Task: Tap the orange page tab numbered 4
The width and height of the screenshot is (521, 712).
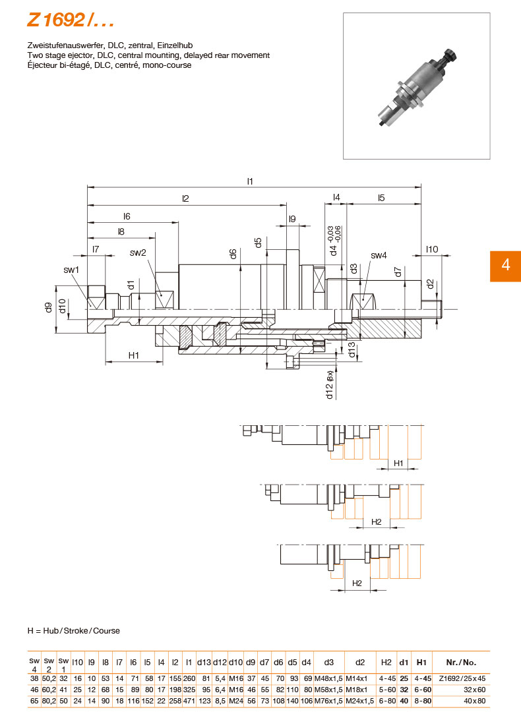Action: (505, 265)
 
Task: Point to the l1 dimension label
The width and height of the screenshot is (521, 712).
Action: (251, 181)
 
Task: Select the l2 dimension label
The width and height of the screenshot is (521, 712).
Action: (186, 198)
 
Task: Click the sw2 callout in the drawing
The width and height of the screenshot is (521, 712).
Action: (138, 252)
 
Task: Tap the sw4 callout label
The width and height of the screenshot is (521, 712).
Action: (379, 255)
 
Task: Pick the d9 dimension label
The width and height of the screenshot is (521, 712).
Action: (48, 307)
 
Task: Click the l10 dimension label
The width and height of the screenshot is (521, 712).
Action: (432, 249)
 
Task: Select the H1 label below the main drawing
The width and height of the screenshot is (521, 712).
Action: (134, 355)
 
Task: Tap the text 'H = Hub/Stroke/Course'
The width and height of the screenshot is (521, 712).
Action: (74, 631)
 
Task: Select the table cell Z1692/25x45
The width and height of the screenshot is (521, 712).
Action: (462, 678)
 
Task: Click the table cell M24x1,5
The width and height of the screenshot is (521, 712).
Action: (360, 700)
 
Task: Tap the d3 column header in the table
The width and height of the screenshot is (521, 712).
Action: (328, 663)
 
